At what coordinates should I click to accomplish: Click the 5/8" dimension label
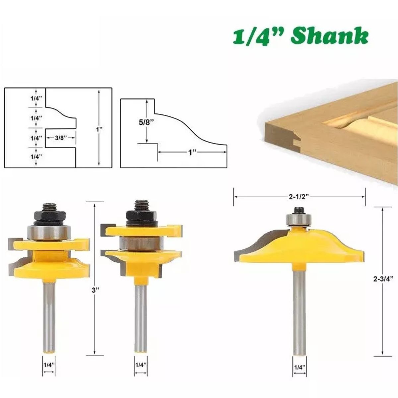(x=145, y=122)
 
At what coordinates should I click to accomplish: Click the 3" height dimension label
(x=96, y=289)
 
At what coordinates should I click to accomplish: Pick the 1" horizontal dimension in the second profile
(x=193, y=152)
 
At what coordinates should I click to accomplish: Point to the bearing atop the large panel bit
(x=298, y=219)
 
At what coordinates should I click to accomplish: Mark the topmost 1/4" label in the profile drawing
(x=36, y=98)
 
